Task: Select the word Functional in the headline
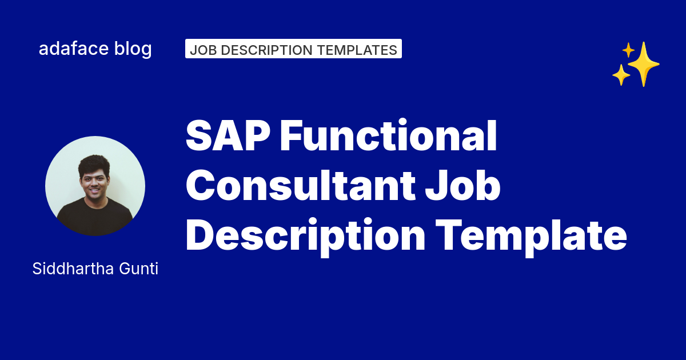pyautogui.click(x=388, y=138)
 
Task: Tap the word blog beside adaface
pyautogui.click(x=133, y=49)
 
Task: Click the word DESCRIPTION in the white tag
pyautogui.click(x=268, y=50)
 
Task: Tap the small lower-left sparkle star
pyautogui.click(x=621, y=75)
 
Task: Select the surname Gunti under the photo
pyautogui.click(x=139, y=269)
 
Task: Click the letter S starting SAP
pyautogui.click(x=199, y=138)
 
